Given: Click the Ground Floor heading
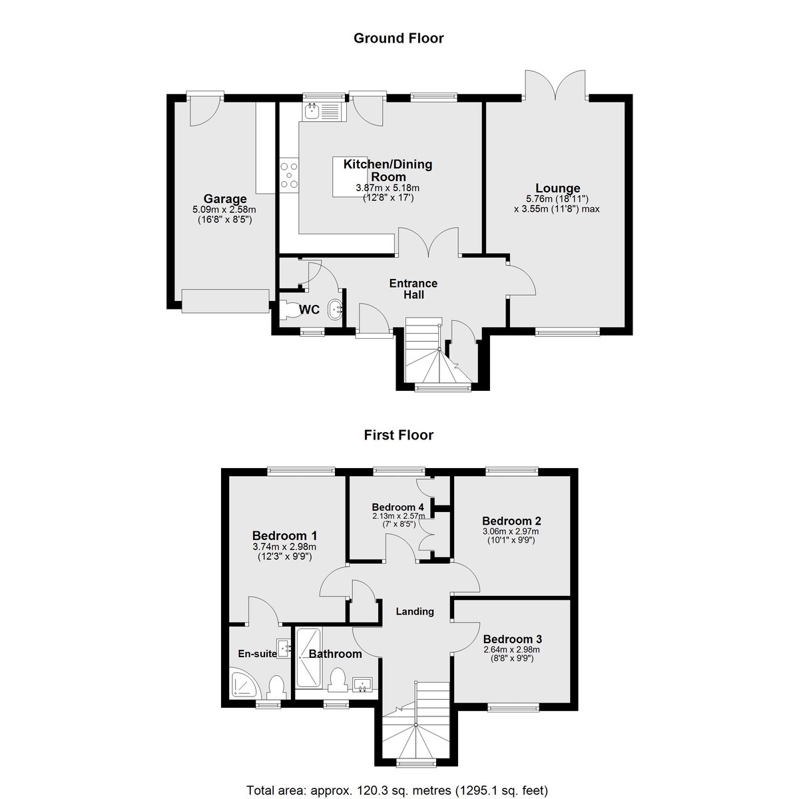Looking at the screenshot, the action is pyautogui.click(x=398, y=38).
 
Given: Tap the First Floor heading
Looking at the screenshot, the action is pyautogui.click(x=398, y=435).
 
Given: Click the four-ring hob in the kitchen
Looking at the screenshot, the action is pyautogui.click(x=289, y=174).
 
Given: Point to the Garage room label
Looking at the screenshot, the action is pyautogui.click(x=225, y=198).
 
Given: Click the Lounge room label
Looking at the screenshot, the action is pyautogui.click(x=558, y=188).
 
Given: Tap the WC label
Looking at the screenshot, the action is pyautogui.click(x=310, y=310).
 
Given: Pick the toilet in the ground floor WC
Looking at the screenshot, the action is pyautogui.click(x=291, y=310).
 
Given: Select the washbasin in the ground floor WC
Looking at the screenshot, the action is pyautogui.click(x=335, y=309).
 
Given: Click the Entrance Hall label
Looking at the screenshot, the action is pyautogui.click(x=413, y=289).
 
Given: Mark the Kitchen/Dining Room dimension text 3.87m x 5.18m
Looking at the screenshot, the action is pyautogui.click(x=388, y=188).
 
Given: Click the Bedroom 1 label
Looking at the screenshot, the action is pyautogui.click(x=284, y=535).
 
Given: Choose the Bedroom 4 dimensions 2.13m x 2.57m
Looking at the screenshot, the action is pyautogui.click(x=398, y=516).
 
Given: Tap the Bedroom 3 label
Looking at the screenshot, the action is pyautogui.click(x=513, y=639).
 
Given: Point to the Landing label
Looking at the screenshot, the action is pyautogui.click(x=415, y=612).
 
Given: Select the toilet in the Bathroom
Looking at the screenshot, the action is pyautogui.click(x=337, y=680).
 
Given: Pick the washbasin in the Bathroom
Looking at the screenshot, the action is pyautogui.click(x=363, y=684).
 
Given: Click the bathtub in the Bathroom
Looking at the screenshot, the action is pyautogui.click(x=308, y=657).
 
